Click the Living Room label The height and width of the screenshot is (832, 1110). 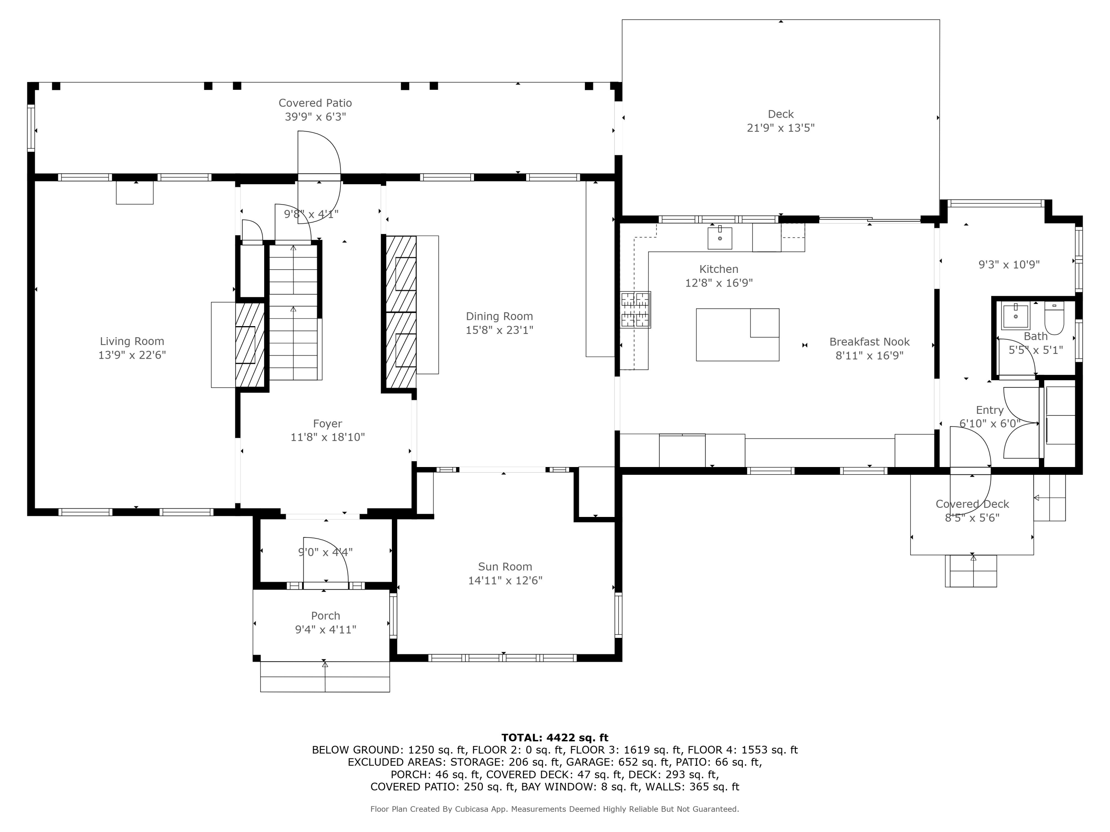tap(132, 342)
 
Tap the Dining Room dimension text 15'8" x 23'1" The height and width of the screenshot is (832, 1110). tap(499, 330)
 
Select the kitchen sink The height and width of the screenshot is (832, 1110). tap(720, 238)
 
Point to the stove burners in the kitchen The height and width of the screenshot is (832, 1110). tap(635, 310)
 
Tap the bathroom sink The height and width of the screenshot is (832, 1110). tap(1016, 315)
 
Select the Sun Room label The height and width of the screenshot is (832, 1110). tap(505, 567)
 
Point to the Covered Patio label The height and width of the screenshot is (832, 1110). tap(315, 103)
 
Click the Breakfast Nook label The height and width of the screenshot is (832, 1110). tap(869, 342)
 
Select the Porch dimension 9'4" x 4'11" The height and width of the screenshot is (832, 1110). tap(326, 629)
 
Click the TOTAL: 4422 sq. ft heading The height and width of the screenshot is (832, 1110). tap(555, 738)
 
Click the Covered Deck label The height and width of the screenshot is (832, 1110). tap(972, 504)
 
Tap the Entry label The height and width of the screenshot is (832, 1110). tap(990, 410)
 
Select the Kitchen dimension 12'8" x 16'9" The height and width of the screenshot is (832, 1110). tap(719, 283)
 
